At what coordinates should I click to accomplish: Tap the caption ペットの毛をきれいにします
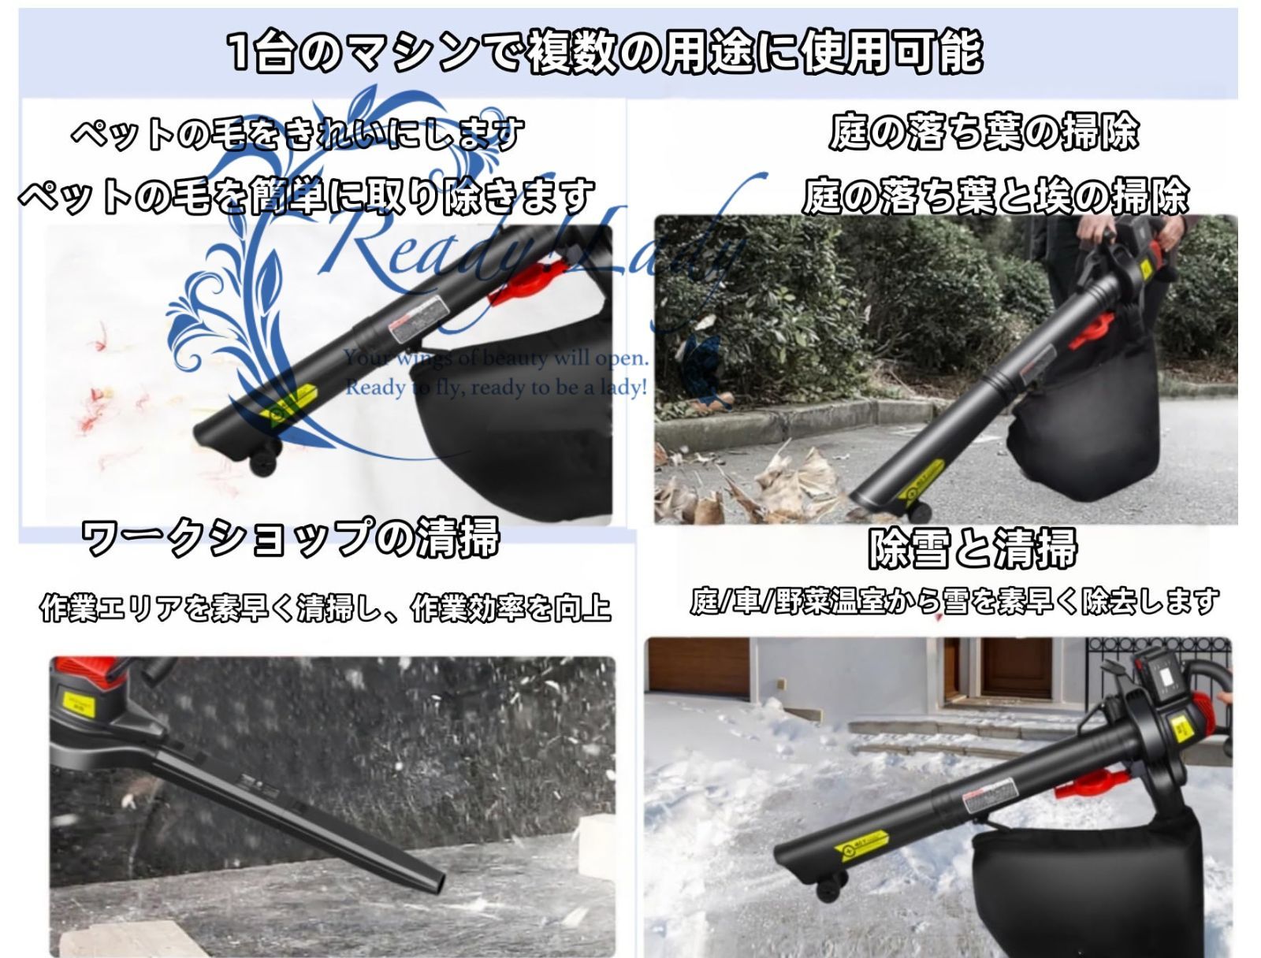click(298, 134)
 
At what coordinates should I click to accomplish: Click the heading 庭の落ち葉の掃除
click(984, 131)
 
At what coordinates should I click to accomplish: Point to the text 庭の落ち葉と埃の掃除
click(995, 196)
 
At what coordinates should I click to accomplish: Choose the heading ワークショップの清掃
click(291, 538)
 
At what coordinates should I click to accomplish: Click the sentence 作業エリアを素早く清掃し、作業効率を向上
click(325, 608)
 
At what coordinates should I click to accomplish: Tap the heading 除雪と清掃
click(972, 548)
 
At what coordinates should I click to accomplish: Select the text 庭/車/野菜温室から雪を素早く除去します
click(954, 602)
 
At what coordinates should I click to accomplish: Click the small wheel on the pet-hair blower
click(265, 461)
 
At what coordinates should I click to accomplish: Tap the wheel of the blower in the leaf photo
click(919, 508)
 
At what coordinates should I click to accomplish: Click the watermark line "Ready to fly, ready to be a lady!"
click(496, 388)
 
